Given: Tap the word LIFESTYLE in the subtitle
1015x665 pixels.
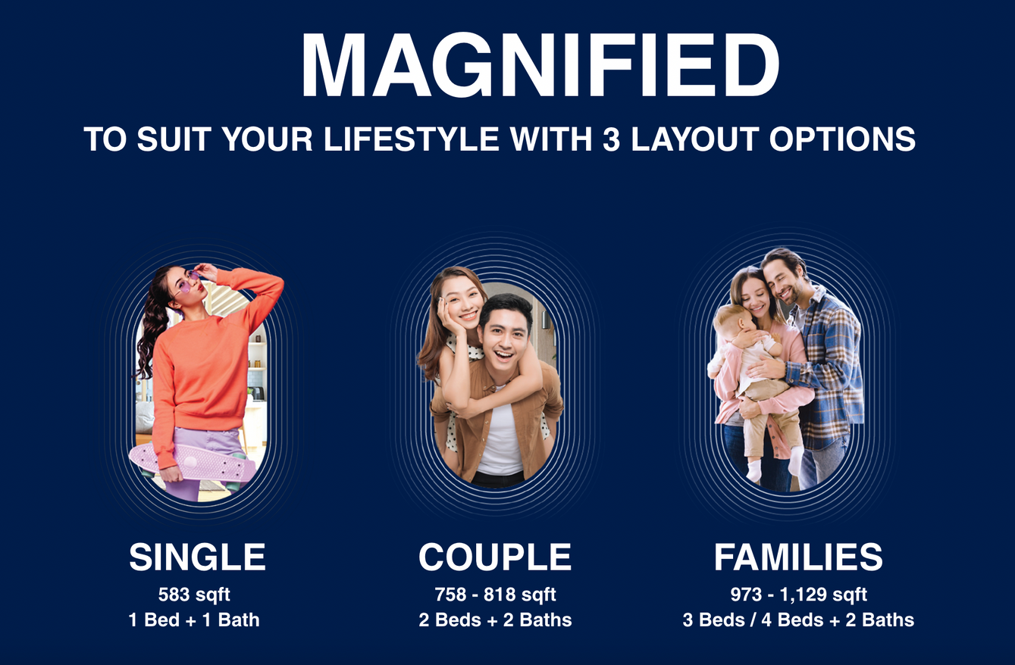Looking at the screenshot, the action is [x=411, y=139].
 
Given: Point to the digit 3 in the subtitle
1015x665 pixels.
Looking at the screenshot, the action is [x=611, y=139].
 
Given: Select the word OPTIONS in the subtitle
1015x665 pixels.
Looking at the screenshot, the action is [x=842, y=139].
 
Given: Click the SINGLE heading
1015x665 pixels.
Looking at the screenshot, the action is [x=197, y=557].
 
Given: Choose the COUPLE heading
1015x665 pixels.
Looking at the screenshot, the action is [x=495, y=557].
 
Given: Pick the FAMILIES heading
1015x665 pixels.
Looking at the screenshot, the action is [x=798, y=557].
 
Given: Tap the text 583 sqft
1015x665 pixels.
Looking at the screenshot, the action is [x=194, y=595].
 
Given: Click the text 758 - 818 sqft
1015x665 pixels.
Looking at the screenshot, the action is [x=495, y=595].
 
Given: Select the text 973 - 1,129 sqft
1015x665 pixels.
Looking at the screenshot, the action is [x=798, y=595].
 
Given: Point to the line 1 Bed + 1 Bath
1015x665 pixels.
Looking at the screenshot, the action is [x=194, y=620].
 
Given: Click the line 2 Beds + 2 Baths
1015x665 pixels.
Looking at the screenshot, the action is [x=495, y=620].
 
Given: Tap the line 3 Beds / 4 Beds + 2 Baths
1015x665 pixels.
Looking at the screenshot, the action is [x=798, y=620].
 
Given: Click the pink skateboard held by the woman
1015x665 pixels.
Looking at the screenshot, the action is [x=193, y=462].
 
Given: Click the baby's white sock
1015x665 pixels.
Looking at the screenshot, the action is [x=753, y=471].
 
